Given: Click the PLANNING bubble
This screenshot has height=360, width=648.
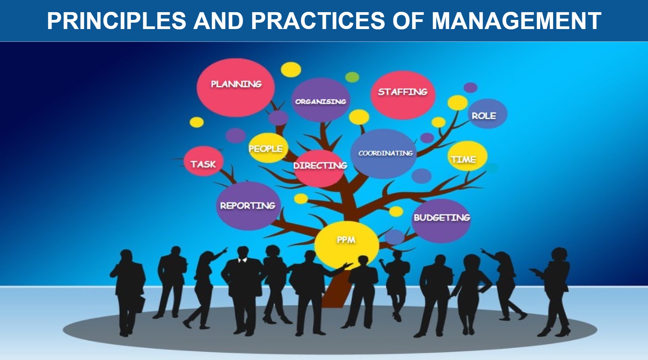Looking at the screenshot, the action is tap(236, 88).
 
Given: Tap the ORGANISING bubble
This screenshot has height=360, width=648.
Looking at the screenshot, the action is tap(321, 100).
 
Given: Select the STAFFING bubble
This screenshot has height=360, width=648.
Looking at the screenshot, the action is tap(403, 95).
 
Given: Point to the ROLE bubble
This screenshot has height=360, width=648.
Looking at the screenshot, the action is tap(487, 114).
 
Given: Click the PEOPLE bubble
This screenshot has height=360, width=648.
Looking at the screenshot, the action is tap(268, 148).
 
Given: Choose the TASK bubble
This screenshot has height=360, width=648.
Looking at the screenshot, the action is tap(204, 161).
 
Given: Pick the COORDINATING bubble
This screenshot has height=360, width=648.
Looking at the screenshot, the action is tap(384, 154).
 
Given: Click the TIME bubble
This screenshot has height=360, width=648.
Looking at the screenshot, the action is tap(467, 156).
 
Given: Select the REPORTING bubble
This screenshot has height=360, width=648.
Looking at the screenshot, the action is tap(248, 206).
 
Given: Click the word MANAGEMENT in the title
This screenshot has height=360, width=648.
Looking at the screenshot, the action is tap(516, 21).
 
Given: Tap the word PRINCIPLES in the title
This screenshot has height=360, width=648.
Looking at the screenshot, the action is tap(116, 21).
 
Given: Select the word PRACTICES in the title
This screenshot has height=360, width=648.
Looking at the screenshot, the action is tap(318, 21).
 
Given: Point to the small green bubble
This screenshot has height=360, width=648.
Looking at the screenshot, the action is tap(352, 77).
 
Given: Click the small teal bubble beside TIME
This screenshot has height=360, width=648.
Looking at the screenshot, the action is tap(492, 168).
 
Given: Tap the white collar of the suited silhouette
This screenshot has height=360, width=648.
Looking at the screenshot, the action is tap(243, 260).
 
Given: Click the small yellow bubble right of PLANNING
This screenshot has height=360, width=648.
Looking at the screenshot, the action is tap(291, 70).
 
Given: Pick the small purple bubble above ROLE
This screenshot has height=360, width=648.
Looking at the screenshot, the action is tap(470, 87).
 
